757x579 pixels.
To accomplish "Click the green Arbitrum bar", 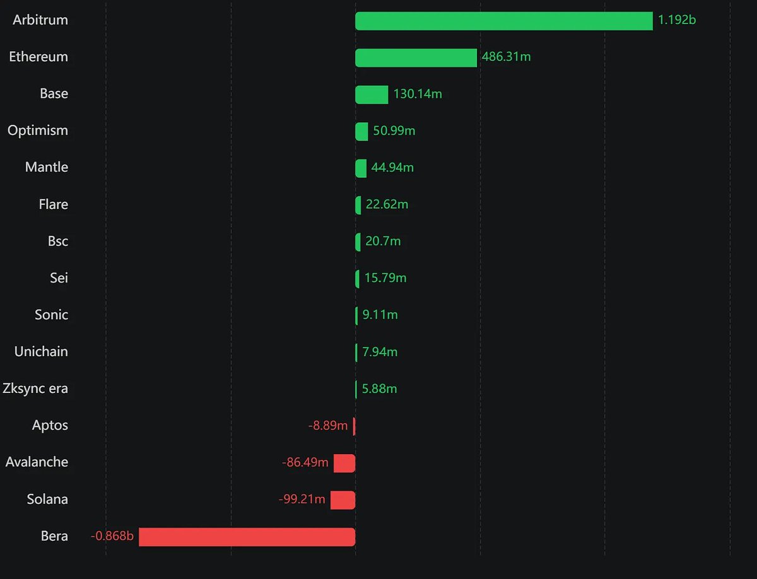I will pos(503,21).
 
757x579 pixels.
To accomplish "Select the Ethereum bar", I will pos(416,57).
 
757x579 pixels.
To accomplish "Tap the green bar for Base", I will pos(372,95).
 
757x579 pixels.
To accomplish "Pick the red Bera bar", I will pos(247,537).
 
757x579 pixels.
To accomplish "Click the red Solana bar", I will pos(343,500).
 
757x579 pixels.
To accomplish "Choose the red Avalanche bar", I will pos(344,463).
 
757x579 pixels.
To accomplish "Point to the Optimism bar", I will pos(361,131).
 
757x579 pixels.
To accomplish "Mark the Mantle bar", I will pos(361,168).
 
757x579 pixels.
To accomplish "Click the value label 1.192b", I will pos(677,20).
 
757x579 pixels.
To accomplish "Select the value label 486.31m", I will pos(506,57).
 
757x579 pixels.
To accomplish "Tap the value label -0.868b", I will pos(112,537).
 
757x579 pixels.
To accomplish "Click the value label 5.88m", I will pos(379,389).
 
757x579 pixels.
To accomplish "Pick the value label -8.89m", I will pos(328,426).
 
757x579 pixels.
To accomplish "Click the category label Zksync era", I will pos(35,389).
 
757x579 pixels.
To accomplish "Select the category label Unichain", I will pos(41,352).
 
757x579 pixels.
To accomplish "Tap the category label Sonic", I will pos(51,315).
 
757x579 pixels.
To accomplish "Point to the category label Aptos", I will pos(50,425).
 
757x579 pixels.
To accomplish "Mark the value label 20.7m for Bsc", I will pos(383,242).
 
